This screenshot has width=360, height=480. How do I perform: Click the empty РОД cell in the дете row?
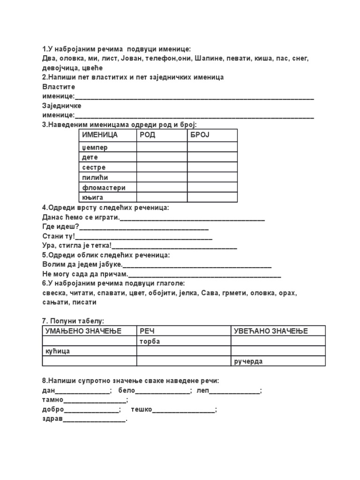tap(162, 157)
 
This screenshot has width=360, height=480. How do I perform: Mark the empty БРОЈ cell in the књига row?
tap(212, 197)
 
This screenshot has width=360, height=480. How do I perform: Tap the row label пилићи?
tap(95, 178)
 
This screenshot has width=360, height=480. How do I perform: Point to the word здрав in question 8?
tap(52, 419)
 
